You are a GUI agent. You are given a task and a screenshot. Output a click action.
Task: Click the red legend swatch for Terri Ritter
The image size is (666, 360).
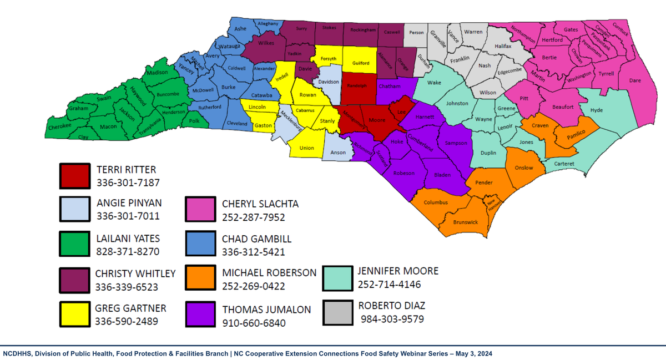tap(74, 175)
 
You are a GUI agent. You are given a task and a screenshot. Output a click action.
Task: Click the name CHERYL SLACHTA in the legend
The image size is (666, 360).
tap(260, 204)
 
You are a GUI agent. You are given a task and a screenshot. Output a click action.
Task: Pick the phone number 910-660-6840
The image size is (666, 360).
tap(254, 323)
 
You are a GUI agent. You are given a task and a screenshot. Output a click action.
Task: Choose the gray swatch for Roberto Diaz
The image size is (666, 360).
tap(337, 313)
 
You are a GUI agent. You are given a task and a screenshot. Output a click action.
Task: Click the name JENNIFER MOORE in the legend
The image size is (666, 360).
tap(398, 271)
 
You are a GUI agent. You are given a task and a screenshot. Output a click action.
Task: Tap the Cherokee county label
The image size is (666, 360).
tap(58, 126)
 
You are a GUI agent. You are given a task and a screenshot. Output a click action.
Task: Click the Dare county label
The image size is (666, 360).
tap(634, 80)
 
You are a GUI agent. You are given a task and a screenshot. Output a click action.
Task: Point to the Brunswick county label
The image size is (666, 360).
tap(465, 222)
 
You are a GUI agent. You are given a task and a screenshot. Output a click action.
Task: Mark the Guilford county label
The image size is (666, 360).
tap(361, 63)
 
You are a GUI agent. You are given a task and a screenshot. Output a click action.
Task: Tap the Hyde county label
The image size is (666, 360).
tap(597, 110)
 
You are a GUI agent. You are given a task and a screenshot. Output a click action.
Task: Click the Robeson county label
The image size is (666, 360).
tap(403, 173)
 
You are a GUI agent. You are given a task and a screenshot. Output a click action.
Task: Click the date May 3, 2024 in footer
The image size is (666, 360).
tap(471, 353)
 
